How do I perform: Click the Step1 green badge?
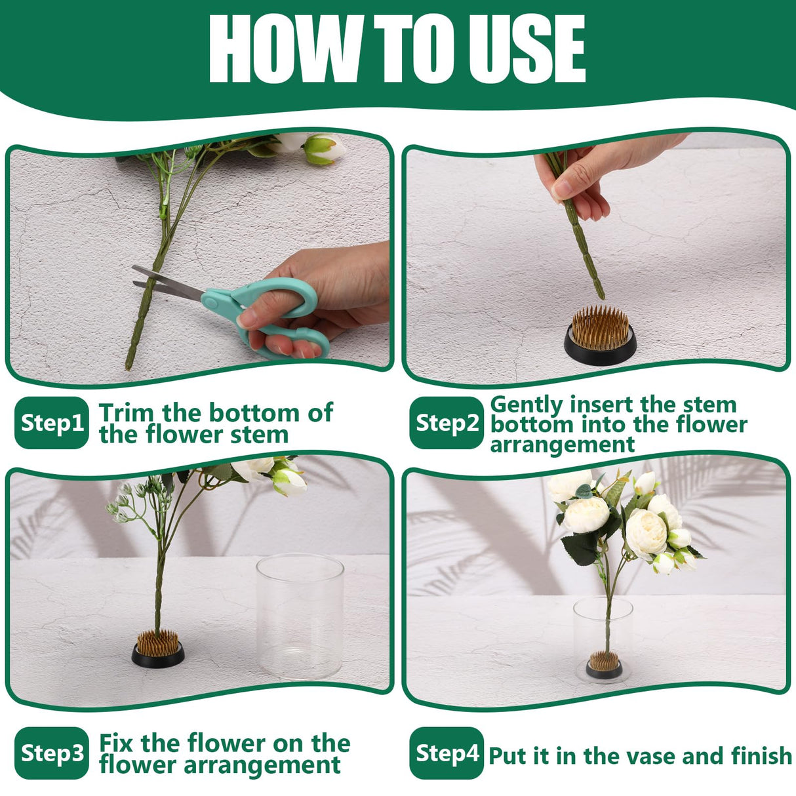point(51,423)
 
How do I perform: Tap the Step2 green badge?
point(447,423)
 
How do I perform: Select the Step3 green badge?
point(51,753)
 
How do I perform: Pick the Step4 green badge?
point(447,753)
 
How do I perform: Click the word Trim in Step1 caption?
point(127,413)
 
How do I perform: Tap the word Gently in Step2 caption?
point(527,405)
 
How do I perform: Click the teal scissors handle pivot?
point(214,300)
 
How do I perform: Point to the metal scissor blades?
point(164,283)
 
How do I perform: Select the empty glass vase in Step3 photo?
point(300,616)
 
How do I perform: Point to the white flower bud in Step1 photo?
point(325,149)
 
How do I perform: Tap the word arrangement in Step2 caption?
point(562,445)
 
